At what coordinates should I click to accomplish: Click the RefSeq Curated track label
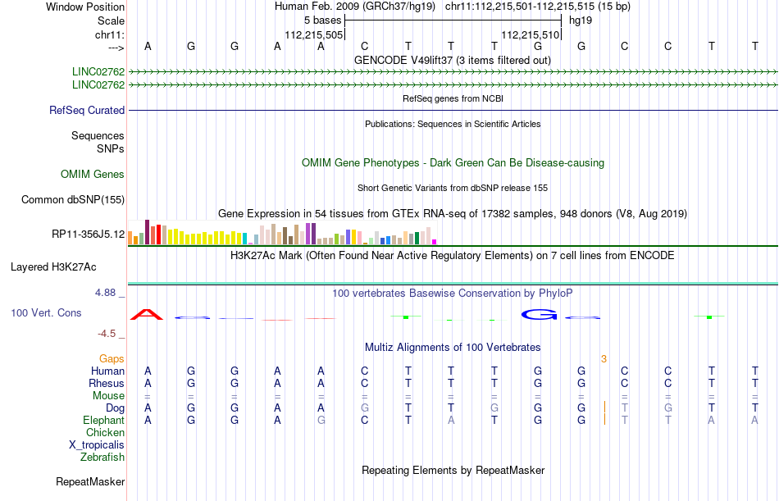coord(87,110)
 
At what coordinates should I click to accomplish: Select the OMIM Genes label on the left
coord(93,174)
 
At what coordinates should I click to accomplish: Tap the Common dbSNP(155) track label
coord(73,199)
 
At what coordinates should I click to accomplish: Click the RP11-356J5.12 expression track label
coord(88,235)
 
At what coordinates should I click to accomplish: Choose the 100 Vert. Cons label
coord(46,312)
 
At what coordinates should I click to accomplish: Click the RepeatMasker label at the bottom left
coord(90,481)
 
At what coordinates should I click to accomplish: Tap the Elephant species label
coord(103,420)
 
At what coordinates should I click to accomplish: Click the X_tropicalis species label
coord(97,444)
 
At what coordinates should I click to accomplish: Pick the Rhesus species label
coord(107,383)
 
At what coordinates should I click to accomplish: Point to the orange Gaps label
coord(112,358)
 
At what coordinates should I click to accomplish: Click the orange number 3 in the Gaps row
coord(604,358)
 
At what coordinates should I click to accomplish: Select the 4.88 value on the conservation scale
coord(108,292)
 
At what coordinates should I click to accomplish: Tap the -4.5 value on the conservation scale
coord(111,334)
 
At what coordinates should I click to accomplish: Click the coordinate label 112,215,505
coord(313,35)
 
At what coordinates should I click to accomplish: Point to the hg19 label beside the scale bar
coord(581,20)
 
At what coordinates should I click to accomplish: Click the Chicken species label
coord(105,432)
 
